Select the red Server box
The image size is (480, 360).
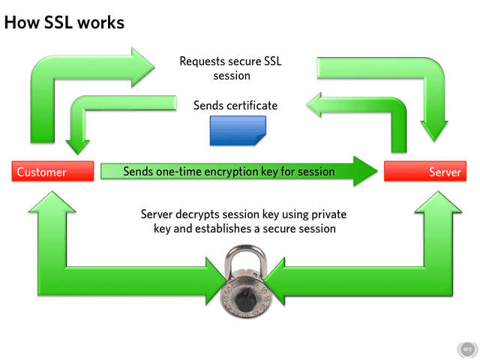(x=425, y=172)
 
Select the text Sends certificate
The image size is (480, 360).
(x=235, y=106)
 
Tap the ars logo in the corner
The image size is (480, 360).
(x=466, y=349)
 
